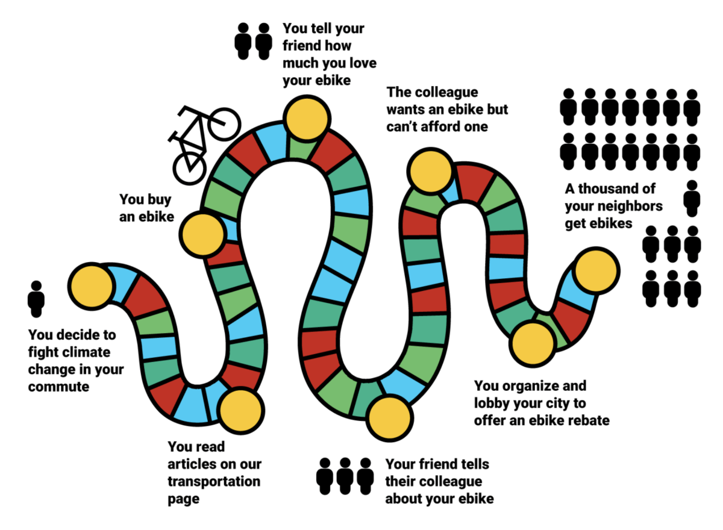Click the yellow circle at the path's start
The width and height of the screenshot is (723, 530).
click(92, 287)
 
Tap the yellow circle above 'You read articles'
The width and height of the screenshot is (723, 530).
click(241, 411)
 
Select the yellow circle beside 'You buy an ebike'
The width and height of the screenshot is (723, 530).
click(203, 234)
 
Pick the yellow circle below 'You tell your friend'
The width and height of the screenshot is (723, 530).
click(307, 119)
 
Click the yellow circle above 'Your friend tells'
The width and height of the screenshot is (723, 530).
click(390, 418)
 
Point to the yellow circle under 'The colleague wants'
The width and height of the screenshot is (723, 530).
click(431, 171)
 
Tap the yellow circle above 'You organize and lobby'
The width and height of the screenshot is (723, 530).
click(533, 344)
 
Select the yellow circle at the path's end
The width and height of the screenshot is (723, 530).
click(596, 271)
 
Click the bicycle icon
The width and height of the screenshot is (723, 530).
click(204, 145)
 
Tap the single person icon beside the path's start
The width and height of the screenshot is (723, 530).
click(36, 299)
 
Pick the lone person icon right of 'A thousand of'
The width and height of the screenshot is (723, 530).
click(692, 198)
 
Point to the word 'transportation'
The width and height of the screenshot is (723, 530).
click(214, 482)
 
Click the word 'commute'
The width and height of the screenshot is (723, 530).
click(59, 387)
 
